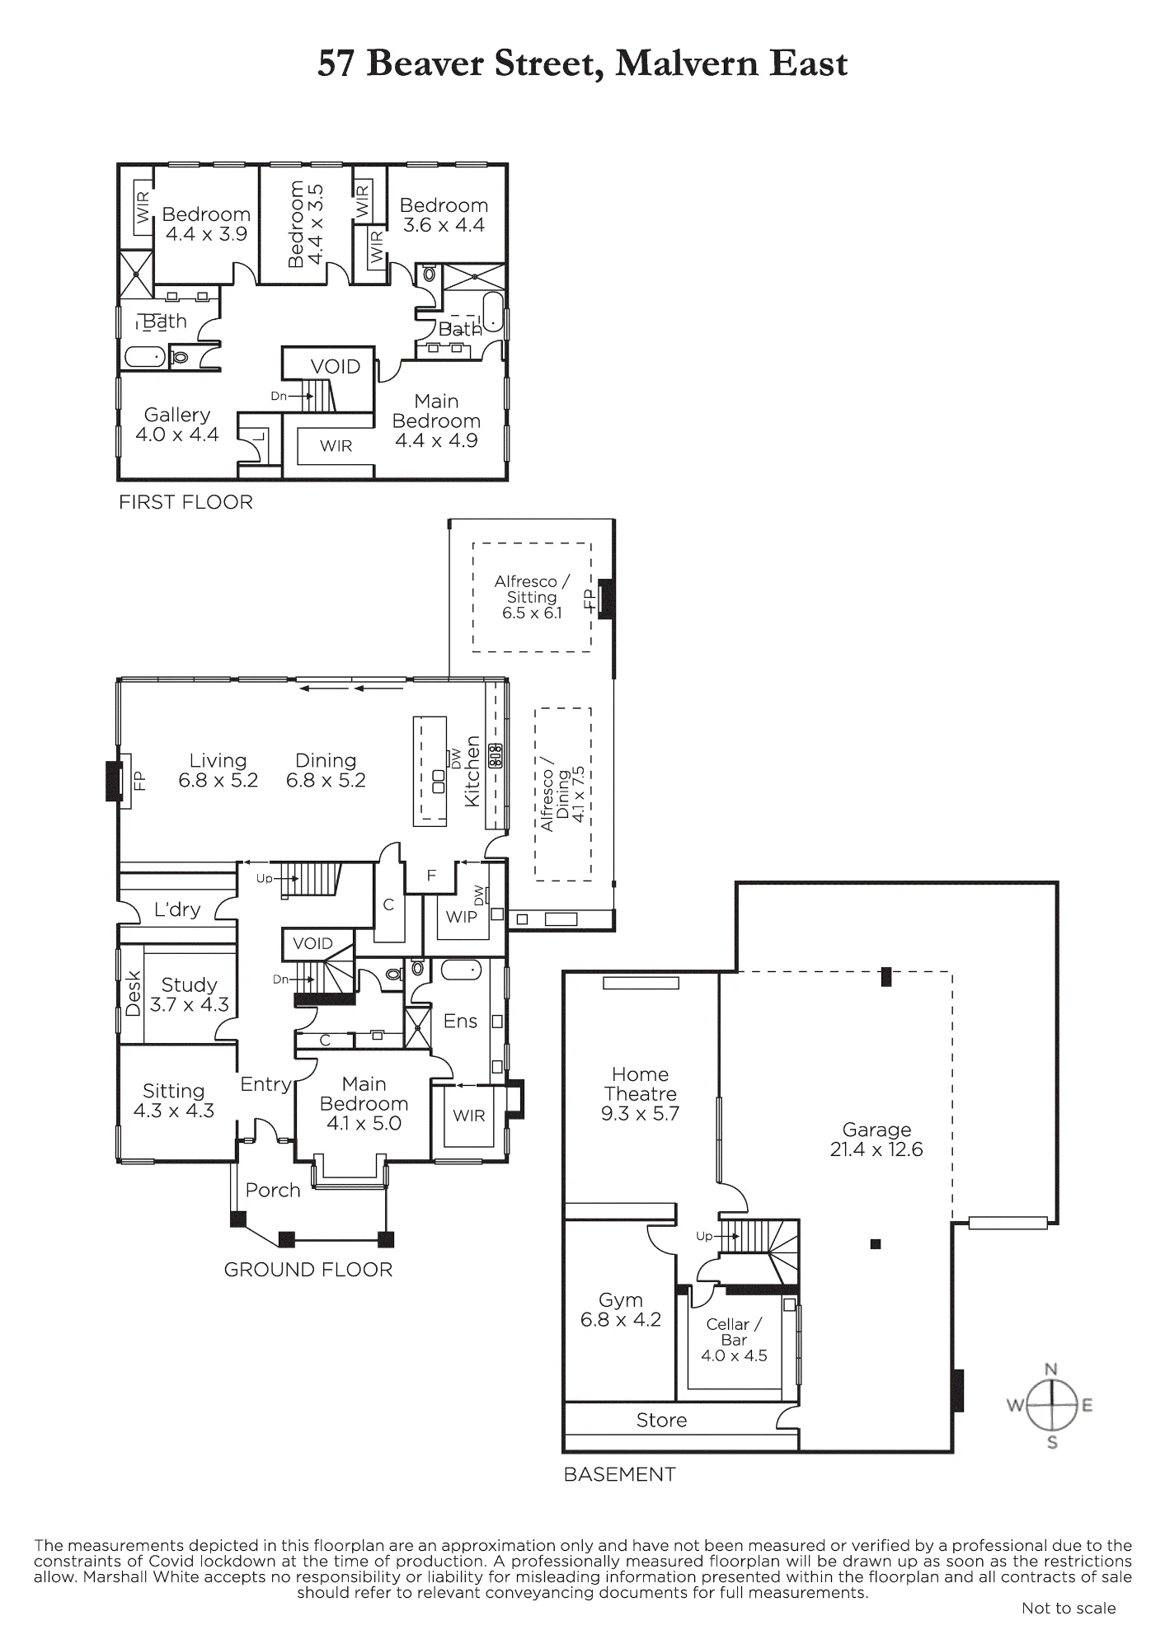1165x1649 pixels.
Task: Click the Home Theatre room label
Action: point(641,1094)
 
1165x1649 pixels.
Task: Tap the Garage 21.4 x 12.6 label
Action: point(876,1139)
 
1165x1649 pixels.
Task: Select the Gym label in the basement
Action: point(621,1310)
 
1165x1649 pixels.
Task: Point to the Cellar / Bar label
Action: point(734,1340)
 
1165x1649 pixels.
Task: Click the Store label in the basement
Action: point(661,1420)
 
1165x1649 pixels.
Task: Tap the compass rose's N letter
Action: point(1051,1369)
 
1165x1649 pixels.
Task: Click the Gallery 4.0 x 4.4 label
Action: point(177,425)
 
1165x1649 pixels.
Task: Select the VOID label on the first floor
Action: point(336,367)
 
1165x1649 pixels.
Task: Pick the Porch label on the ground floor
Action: point(273,1190)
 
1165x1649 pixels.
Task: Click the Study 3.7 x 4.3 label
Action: point(190,994)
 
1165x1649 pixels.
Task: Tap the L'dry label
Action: point(177,909)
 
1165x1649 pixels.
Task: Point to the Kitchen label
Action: point(472,771)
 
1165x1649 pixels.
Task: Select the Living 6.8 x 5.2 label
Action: point(218,770)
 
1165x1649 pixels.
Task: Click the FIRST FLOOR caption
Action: point(186,502)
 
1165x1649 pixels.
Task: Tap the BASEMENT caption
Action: point(620,1474)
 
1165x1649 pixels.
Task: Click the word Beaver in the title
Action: point(425,63)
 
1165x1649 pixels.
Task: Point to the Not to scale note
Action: point(1069,1608)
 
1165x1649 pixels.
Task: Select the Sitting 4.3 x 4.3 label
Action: point(174,1101)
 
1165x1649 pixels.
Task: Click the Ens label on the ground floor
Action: point(460,1021)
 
